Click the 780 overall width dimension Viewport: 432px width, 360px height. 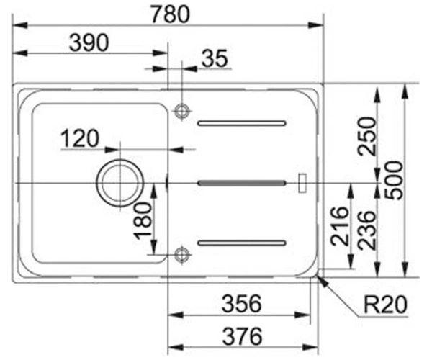coord(171,14)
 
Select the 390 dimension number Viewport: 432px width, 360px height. coord(89,42)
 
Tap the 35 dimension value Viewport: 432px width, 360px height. coord(215,58)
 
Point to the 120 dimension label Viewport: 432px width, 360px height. coord(80,138)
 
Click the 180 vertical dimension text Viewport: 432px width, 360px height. coord(143,221)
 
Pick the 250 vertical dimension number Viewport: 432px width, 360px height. coord(366,137)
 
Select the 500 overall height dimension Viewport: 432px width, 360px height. coord(394,181)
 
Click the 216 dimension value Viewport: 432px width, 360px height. coord(340,226)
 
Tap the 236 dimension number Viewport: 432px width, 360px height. coord(366,230)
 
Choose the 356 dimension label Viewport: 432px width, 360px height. coord(242,304)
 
